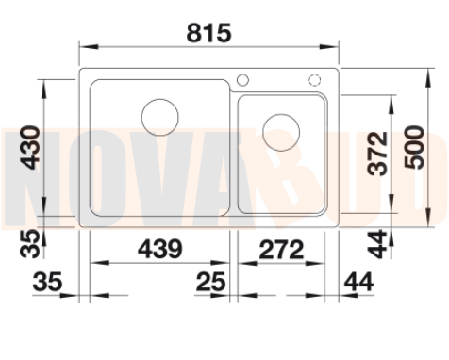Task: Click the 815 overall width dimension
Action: tap(209, 33)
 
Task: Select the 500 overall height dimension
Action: tap(414, 147)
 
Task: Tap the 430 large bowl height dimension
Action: tap(30, 147)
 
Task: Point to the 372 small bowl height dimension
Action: tap(377, 154)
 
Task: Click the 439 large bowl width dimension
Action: tap(160, 249)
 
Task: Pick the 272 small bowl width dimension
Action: tap(281, 249)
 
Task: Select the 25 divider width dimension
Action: tap(210, 282)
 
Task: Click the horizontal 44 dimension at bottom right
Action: tap(358, 282)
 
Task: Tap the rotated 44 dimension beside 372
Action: tap(377, 244)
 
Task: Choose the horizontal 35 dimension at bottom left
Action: tap(47, 282)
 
